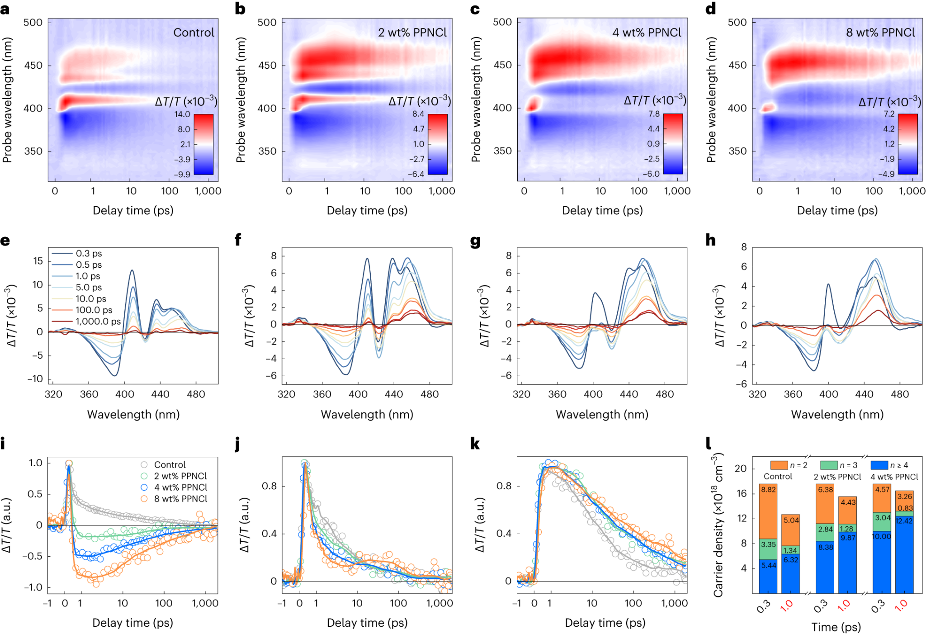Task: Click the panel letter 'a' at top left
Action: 5,9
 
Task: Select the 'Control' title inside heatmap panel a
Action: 194,33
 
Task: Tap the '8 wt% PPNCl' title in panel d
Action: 880,33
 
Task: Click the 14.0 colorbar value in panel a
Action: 182,114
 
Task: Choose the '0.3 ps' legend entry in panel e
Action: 89,254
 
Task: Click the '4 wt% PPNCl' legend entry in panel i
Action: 180,487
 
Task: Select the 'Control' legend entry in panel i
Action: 170,465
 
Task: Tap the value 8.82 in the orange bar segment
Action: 768,490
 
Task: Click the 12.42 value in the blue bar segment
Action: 904,521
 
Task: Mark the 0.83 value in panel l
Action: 905,508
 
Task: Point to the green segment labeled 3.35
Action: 768,544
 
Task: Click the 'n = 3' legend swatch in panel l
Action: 829,465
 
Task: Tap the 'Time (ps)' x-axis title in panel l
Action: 836,627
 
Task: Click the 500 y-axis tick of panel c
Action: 502,22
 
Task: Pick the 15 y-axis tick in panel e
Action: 38,261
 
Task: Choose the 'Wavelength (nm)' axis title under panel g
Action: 602,415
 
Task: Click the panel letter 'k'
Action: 475,444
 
